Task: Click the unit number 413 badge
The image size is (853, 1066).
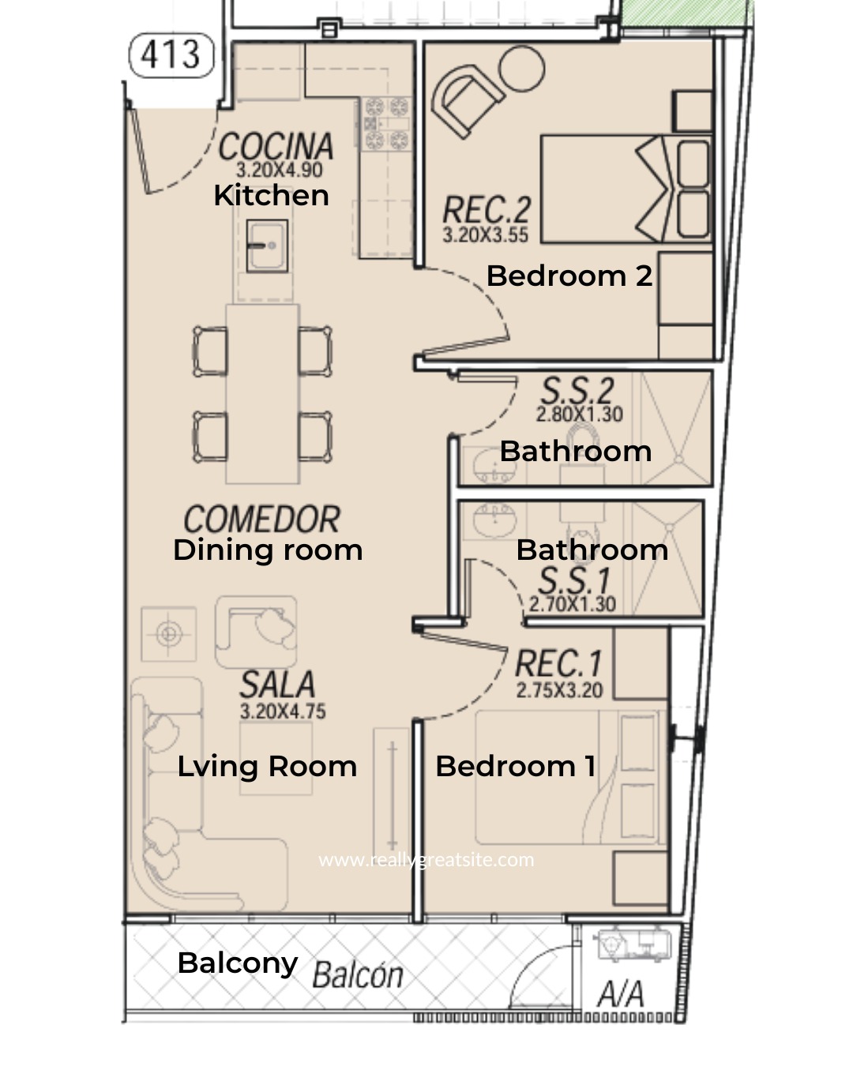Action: point(171,55)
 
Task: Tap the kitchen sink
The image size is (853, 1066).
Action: point(267,246)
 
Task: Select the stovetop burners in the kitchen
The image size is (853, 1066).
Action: point(386,123)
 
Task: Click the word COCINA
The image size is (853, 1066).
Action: point(276,146)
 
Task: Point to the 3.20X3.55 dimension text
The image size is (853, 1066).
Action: point(485,235)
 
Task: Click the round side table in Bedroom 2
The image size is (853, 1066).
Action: point(521,69)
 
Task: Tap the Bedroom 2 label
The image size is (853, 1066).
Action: point(569,276)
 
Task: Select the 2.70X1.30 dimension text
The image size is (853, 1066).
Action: point(572,604)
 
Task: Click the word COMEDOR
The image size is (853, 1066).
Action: point(262,519)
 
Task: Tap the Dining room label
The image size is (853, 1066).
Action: point(268,550)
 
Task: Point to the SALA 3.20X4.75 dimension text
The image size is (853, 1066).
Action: point(283,711)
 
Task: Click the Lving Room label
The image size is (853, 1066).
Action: point(267,767)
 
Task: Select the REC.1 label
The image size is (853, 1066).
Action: point(558,663)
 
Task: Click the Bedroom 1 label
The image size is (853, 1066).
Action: point(516,766)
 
